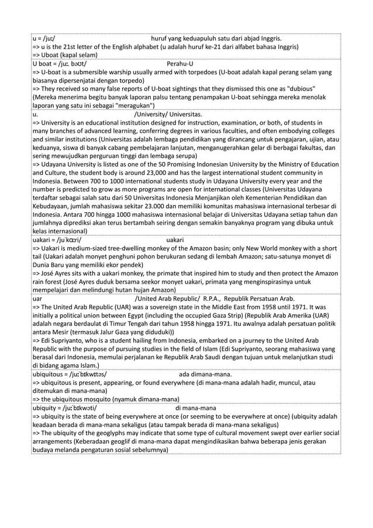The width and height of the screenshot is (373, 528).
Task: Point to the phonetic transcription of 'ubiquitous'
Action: (x=88, y=374)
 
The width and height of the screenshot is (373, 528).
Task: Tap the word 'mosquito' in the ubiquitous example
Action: (x=112, y=399)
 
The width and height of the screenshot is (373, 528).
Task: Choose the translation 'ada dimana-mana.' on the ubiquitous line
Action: (x=205, y=374)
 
